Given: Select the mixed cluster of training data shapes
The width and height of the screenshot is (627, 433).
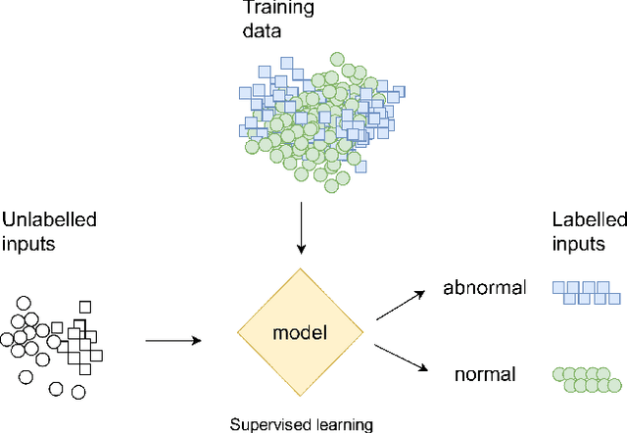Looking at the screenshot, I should point(317,112).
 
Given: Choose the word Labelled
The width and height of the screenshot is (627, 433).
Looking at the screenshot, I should point(586,218).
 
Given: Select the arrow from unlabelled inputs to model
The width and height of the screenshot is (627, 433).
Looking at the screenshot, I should point(172,340).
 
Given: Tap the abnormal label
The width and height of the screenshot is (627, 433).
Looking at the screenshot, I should point(485,288).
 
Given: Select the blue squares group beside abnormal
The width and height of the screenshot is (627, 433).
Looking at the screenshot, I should point(586,291).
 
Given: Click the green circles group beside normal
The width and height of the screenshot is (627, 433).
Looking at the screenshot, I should point(586,377).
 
